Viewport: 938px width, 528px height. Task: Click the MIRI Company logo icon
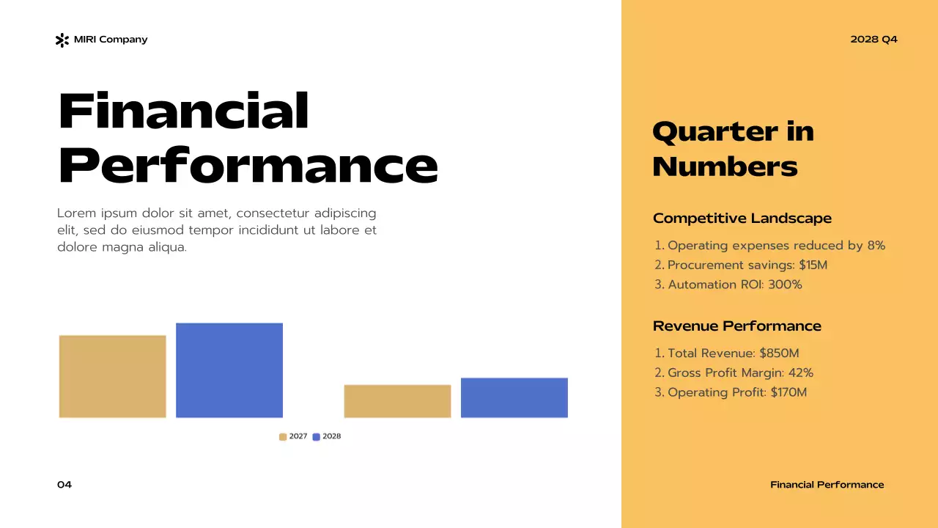pyautogui.click(x=62, y=40)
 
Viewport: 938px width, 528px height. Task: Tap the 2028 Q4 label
pyautogui.click(x=874, y=40)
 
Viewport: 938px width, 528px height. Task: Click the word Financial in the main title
pyautogui.click(x=183, y=111)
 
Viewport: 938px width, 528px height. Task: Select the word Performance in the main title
pyautogui.click(x=248, y=166)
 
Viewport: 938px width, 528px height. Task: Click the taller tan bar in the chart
pyautogui.click(x=113, y=376)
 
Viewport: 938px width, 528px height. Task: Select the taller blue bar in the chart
pyautogui.click(x=229, y=370)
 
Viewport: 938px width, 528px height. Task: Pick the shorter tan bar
pyautogui.click(x=397, y=401)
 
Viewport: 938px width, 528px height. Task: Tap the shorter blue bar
pyautogui.click(x=514, y=397)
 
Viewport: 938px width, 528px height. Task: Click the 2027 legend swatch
pyautogui.click(x=283, y=437)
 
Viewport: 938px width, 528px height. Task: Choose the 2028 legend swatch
pyautogui.click(x=317, y=437)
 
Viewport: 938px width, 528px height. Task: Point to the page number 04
pyautogui.click(x=64, y=485)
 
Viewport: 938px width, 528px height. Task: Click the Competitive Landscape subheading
pyautogui.click(x=742, y=219)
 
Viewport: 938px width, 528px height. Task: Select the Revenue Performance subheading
pyautogui.click(x=736, y=326)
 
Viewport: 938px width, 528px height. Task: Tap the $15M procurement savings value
pyautogui.click(x=813, y=265)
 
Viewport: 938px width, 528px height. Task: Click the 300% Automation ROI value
pyautogui.click(x=785, y=285)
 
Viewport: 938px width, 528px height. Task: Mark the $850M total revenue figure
pyautogui.click(x=779, y=353)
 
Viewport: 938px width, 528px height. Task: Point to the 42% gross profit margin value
pyautogui.click(x=800, y=373)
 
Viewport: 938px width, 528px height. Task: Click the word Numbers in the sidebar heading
pyautogui.click(x=725, y=167)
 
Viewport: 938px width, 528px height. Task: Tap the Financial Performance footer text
pyautogui.click(x=827, y=485)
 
